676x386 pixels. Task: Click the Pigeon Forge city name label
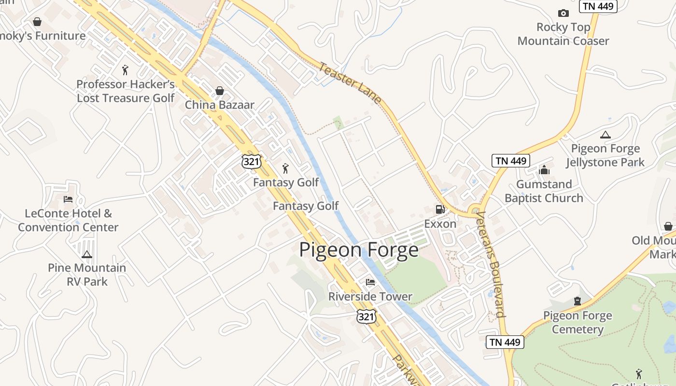tap(359, 250)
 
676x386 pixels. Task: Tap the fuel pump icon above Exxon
tap(440, 209)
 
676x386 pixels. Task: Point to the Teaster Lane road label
tap(350, 83)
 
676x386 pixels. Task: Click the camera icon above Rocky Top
tap(563, 13)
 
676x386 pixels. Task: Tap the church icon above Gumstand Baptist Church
tap(544, 170)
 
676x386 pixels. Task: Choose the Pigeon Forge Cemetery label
tap(577, 322)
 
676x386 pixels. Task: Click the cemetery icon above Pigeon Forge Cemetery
tap(577, 301)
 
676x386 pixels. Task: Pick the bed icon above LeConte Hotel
tap(68, 199)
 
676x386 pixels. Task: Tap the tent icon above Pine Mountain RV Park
tap(87, 254)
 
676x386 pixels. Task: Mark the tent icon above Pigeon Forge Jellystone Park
tap(605, 135)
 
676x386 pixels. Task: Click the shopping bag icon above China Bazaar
tap(220, 90)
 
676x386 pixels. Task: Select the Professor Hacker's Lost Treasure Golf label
tap(126, 91)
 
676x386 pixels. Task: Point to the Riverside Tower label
tap(370, 296)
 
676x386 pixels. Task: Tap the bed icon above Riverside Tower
tap(370, 282)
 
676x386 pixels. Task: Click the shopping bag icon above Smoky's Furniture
tap(37, 22)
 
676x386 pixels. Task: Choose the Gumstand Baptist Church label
tap(544, 191)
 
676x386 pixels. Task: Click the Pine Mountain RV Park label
tap(87, 275)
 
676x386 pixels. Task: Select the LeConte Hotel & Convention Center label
tap(68, 220)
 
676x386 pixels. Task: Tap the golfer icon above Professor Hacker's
tap(126, 70)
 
